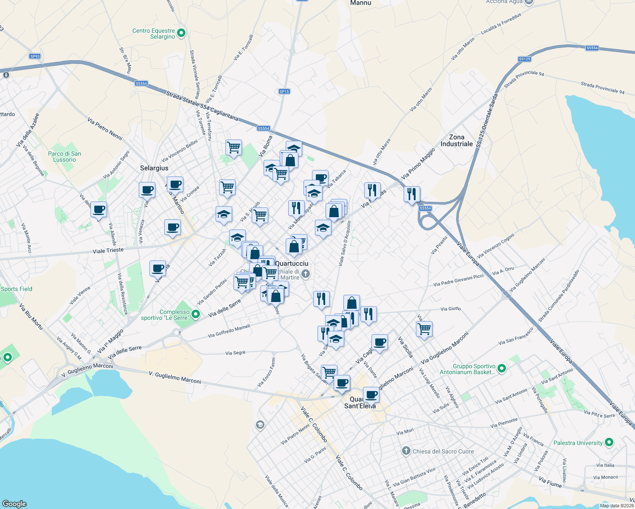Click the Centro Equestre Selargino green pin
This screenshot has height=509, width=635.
pyautogui.click(x=181, y=33)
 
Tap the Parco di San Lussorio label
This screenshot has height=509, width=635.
pyautogui.click(x=65, y=157)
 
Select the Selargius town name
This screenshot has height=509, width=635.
pyautogui.click(x=154, y=168)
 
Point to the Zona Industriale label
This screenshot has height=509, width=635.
pyautogui.click(x=456, y=140)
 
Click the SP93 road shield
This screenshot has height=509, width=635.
pyautogui.click(x=35, y=56)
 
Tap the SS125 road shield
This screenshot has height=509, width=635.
pyautogui.click(x=525, y=59)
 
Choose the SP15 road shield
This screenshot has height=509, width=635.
pyautogui.click(x=284, y=92)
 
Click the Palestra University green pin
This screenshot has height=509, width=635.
pyautogui.click(x=609, y=442)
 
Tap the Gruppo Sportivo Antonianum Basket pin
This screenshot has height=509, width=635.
pyautogui.click(x=502, y=368)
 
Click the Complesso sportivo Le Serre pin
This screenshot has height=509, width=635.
pyautogui.click(x=196, y=314)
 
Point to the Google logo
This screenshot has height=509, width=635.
pyautogui.click(x=14, y=504)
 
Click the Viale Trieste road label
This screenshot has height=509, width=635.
pyautogui.click(x=108, y=251)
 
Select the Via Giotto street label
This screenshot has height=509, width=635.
pyautogui.click(x=450, y=309)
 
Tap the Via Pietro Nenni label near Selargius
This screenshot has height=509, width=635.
pyautogui.click(x=105, y=129)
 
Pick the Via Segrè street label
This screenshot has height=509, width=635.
pyautogui.click(x=235, y=353)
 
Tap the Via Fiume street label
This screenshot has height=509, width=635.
pyautogui.click(x=550, y=482)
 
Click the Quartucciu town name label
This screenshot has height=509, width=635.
pyautogui.click(x=292, y=263)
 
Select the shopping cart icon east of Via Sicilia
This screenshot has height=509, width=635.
pyautogui.click(x=424, y=329)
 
